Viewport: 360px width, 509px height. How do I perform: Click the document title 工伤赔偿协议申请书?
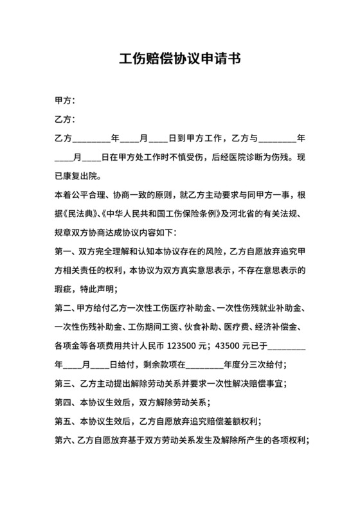coord(180,60)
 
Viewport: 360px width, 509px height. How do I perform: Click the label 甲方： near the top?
coord(66,101)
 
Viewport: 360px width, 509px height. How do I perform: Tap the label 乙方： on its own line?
coord(66,120)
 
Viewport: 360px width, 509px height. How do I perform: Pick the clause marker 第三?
coord(62,385)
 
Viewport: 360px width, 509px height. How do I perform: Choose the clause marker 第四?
coord(62,404)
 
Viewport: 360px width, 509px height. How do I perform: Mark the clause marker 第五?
coord(62,422)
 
